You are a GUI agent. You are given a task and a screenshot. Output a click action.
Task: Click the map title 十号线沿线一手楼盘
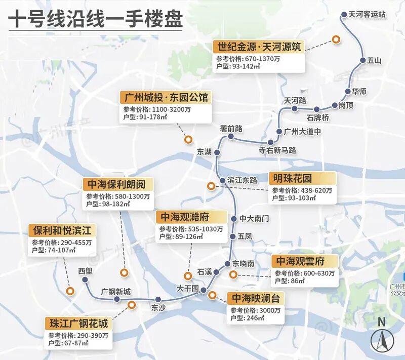pyautogui.click(x=95, y=21)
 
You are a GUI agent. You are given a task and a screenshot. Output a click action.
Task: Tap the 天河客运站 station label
pyautogui.click(x=367, y=15)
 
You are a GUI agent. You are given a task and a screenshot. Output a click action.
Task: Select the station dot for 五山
pyautogui.click(x=362, y=60)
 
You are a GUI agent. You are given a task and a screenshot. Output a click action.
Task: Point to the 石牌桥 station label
pyautogui.click(x=318, y=118)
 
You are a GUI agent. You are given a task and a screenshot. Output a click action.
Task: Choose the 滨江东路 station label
pyautogui.click(x=242, y=180)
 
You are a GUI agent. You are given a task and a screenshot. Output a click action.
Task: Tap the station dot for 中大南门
pyautogui.click(x=234, y=219)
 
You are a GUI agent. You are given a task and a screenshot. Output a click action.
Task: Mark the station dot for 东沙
pyautogui.click(x=158, y=299)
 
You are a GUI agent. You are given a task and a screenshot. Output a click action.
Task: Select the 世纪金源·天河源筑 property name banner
pyautogui.click(x=260, y=47)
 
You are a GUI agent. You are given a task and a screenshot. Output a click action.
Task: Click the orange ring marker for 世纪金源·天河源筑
pyautogui.click(x=335, y=39)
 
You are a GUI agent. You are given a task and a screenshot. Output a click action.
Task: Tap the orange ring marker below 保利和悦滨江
pyautogui.click(x=70, y=291)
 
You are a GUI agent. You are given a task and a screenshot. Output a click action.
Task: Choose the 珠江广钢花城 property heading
pyautogui.click(x=78, y=323)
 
